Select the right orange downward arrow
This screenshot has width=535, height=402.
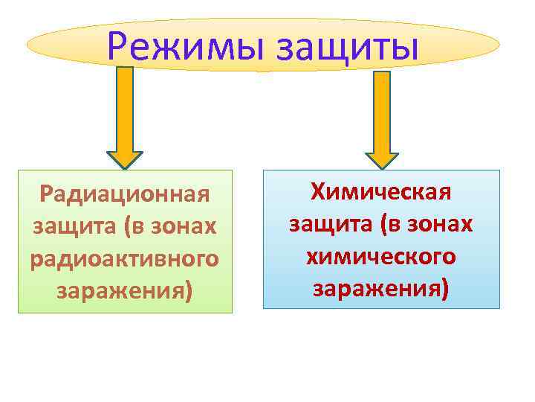(x=381, y=119)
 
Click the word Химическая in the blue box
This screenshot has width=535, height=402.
(x=381, y=192)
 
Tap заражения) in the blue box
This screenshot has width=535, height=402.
(x=381, y=287)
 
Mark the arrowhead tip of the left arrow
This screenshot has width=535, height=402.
(x=125, y=168)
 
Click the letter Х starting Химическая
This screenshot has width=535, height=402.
(x=318, y=192)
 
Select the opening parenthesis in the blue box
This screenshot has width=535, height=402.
(x=369, y=223)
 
